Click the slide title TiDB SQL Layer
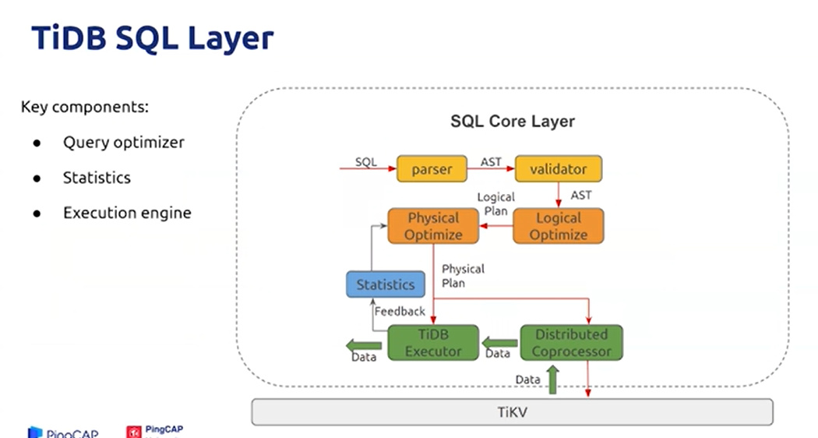click(x=152, y=38)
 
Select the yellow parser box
click(x=431, y=169)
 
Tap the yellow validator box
click(x=558, y=169)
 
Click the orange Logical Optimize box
click(x=558, y=226)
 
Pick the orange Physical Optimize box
click(x=433, y=226)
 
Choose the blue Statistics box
click(x=386, y=284)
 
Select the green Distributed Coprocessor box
click(x=571, y=343)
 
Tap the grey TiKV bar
click(x=512, y=412)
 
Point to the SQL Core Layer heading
click(x=513, y=122)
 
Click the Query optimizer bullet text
click(x=124, y=143)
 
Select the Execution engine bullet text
click(x=127, y=213)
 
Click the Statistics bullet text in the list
click(x=97, y=178)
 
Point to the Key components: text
click(x=84, y=107)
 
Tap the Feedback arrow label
click(x=400, y=311)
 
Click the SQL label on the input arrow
click(x=366, y=162)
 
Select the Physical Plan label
click(x=463, y=276)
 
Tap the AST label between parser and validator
click(x=491, y=162)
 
